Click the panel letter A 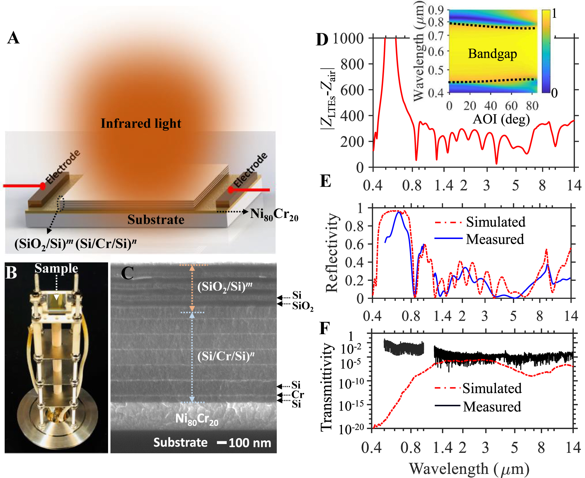[13, 38]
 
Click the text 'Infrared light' [141, 123]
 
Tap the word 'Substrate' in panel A [156, 220]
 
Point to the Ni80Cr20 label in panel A [274, 214]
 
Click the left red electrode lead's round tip [42, 186]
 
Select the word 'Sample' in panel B [56, 269]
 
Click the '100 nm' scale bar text [250, 443]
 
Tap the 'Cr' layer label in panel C [297, 394]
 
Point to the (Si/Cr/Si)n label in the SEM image [226, 356]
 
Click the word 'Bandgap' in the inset [492, 54]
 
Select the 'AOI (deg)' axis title [501, 119]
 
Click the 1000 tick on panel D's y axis [348, 38]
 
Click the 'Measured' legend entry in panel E [495, 239]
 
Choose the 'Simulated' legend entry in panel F [492, 388]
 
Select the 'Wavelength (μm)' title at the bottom [469, 469]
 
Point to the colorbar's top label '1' [554, 14]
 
